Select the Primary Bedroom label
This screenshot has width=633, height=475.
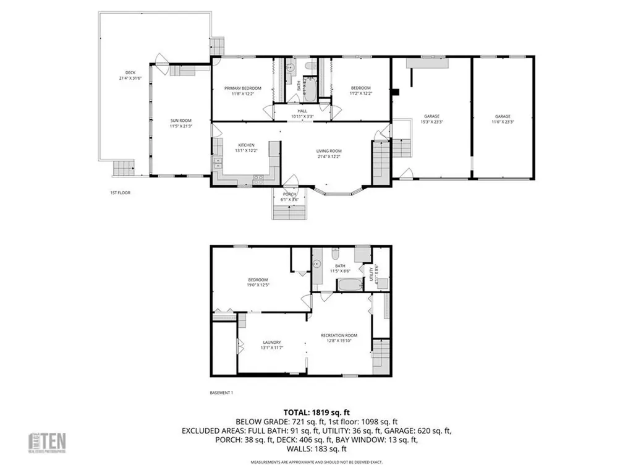click(x=242, y=92)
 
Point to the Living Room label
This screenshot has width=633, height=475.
click(x=329, y=154)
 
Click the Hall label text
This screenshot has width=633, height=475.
click(x=302, y=114)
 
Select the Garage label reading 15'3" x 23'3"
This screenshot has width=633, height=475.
click(x=432, y=119)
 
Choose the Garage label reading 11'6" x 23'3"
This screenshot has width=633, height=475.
click(x=503, y=119)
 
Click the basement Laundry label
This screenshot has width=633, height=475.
click(x=272, y=345)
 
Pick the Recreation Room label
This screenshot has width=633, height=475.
click(x=339, y=338)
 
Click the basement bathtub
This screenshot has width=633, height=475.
click(x=351, y=286)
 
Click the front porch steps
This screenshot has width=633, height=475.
click(x=289, y=212)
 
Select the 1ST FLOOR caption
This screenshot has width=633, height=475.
click(x=120, y=193)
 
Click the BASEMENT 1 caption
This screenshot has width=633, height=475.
click(x=221, y=393)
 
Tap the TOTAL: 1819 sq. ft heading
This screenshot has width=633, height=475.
click(x=316, y=411)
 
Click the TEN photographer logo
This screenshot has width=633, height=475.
click(x=50, y=443)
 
